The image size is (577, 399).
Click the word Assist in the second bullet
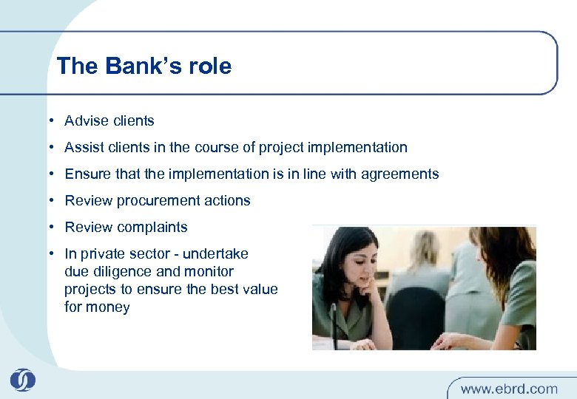point(84,147)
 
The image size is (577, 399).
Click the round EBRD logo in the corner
point(22,380)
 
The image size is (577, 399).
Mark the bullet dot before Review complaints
point(54,227)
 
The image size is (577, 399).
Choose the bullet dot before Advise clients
point(54,120)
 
